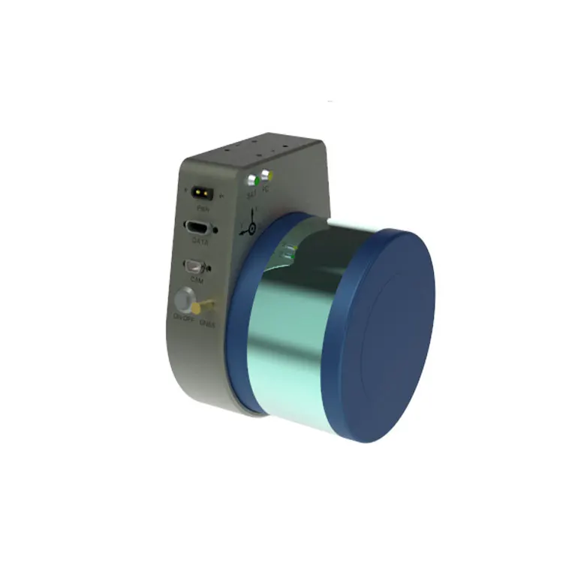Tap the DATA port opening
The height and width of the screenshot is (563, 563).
tap(198, 228)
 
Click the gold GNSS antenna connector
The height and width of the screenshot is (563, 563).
tap(205, 306)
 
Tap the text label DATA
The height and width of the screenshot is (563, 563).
tap(200, 242)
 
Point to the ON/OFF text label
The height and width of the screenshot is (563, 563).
tap(184, 318)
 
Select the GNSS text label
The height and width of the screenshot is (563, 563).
tap(209, 324)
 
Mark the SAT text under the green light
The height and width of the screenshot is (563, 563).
tap(252, 194)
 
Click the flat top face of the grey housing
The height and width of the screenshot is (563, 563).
tap(255, 153)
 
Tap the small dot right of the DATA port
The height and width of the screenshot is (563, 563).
tap(216, 230)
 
